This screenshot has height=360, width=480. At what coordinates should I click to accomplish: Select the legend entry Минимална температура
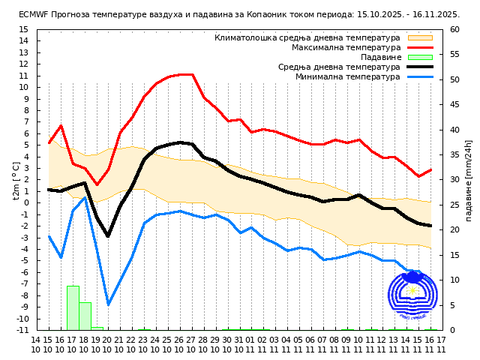(347, 76)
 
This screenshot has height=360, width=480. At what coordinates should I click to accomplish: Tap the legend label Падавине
(380, 57)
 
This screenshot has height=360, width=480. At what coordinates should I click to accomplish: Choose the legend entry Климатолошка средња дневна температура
(307, 37)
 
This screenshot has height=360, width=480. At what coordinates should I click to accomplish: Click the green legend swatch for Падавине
(420, 57)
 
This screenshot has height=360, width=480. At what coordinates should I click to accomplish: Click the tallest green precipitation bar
(73, 307)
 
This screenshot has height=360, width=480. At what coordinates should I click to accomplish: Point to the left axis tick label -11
(22, 330)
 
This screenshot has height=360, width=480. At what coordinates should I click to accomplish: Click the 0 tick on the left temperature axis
(25, 202)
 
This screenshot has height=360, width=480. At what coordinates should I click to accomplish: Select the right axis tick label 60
(455, 29)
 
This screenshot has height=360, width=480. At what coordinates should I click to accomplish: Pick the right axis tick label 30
(455, 179)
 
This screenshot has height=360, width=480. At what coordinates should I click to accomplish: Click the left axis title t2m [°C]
(16, 180)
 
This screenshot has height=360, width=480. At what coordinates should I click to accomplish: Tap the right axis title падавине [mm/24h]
(469, 180)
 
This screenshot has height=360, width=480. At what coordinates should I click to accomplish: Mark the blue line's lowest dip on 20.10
(108, 304)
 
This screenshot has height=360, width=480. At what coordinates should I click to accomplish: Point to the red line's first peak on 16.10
(61, 125)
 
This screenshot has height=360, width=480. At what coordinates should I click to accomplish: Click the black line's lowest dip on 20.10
(108, 235)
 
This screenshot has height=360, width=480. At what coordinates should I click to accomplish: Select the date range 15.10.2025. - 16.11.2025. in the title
(405, 14)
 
